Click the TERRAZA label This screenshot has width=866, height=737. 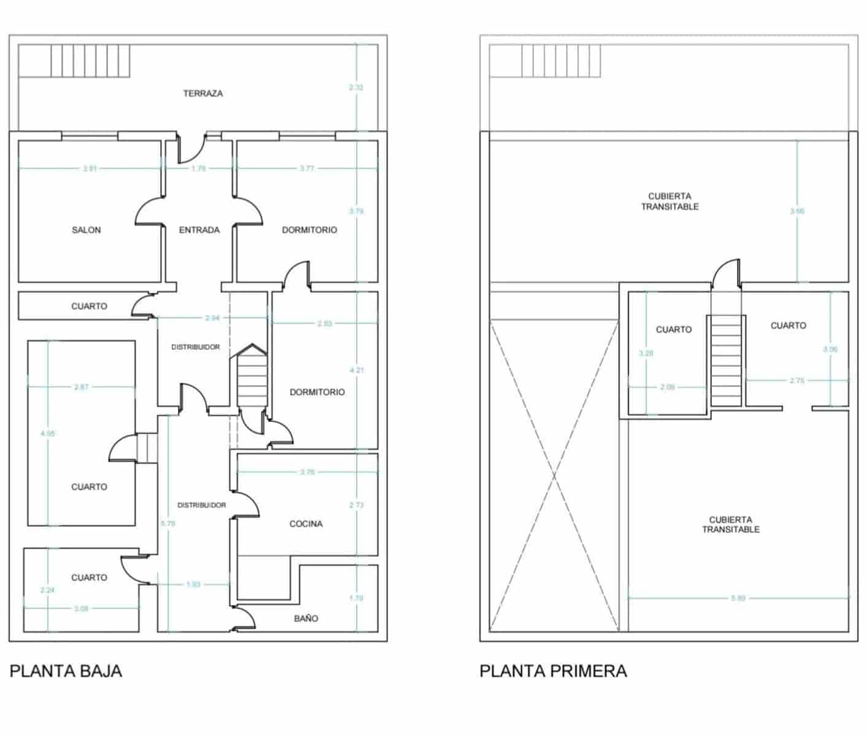pyautogui.click(x=203, y=93)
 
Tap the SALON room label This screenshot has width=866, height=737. pyautogui.click(x=86, y=230)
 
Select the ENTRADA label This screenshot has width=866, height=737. pyautogui.click(x=199, y=230)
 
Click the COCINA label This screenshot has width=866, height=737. pyautogui.click(x=306, y=523)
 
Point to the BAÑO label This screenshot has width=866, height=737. pyautogui.click(x=306, y=618)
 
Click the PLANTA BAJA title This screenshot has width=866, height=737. pyautogui.click(x=66, y=671)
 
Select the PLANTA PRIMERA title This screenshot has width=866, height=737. pyautogui.click(x=553, y=671)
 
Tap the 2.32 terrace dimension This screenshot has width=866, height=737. pyautogui.click(x=356, y=88)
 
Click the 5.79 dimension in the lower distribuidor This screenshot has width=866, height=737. pyautogui.click(x=168, y=523)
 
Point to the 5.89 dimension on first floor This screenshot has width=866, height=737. pyautogui.click(x=738, y=598)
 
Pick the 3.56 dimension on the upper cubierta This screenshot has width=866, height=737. pyautogui.click(x=797, y=211)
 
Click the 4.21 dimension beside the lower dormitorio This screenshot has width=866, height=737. pyautogui.click(x=356, y=370)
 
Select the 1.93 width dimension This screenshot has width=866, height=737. pyautogui.click(x=193, y=584)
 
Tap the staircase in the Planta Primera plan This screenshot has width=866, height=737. pyautogui.click(x=726, y=361)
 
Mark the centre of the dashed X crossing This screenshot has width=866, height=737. pyautogui.click(x=554, y=475)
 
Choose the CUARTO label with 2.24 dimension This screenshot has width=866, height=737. pyautogui.click(x=89, y=577)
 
